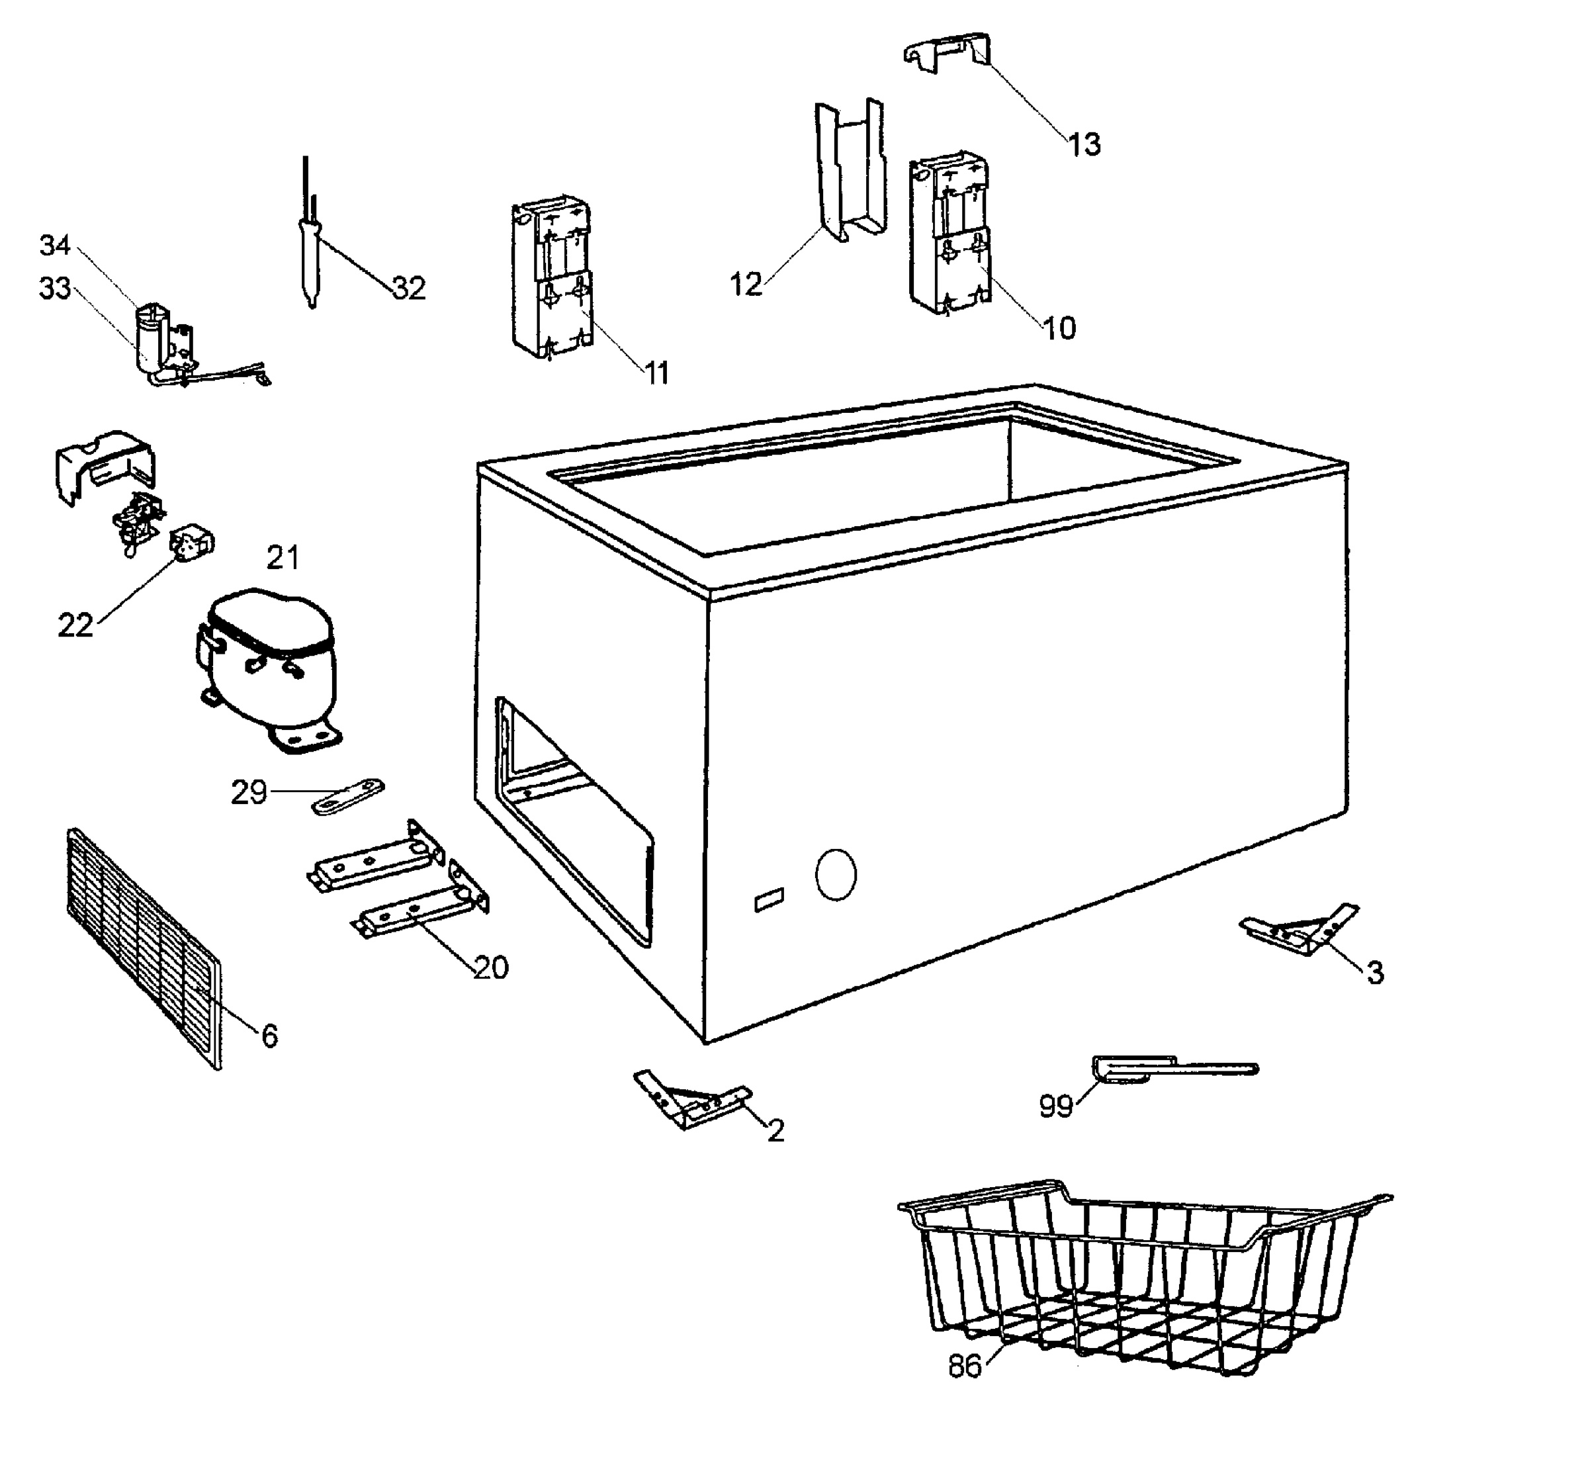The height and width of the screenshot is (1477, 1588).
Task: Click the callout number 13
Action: [x=1084, y=144]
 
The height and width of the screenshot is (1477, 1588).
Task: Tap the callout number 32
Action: [x=409, y=288]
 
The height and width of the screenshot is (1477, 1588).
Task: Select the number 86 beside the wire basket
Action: [x=964, y=1366]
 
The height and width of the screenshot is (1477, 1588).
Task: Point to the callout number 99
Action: [x=1055, y=1106]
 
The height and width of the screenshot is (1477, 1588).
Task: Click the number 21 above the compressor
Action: [x=283, y=558]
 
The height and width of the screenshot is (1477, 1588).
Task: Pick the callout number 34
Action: [x=55, y=246]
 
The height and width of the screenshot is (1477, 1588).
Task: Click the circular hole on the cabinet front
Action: [x=836, y=875]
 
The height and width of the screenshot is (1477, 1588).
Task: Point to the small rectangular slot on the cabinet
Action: [x=770, y=900]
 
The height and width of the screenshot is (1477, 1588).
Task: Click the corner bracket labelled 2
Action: [x=691, y=1100]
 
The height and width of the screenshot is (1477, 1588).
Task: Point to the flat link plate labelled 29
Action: [x=347, y=797]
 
